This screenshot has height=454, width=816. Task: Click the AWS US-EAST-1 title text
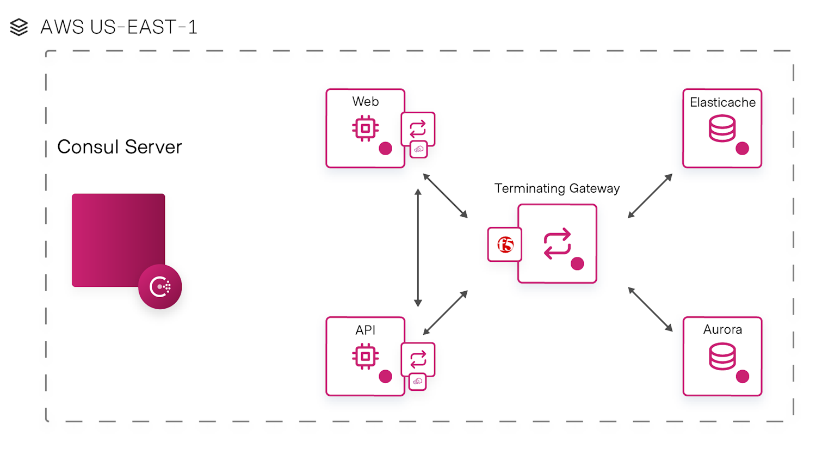(119, 27)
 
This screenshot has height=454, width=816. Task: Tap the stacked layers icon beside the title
(19, 27)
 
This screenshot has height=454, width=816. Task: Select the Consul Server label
(119, 147)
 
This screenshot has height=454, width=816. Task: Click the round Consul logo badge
(160, 287)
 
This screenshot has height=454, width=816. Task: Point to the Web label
(366, 102)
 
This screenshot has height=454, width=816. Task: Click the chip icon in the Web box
(366, 128)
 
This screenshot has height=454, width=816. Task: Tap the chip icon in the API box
(366, 357)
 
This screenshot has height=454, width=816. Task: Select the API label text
(366, 330)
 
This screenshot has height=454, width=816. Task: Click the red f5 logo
(505, 245)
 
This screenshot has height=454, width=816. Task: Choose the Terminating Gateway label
(557, 188)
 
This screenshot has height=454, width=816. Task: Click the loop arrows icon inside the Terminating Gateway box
(557, 243)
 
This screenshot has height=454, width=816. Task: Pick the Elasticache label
(722, 102)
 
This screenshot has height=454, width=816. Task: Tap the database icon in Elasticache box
(722, 129)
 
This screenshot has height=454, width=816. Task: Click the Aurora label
(722, 329)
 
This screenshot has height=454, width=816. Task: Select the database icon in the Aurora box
(722, 357)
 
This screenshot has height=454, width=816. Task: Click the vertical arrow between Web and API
(418, 248)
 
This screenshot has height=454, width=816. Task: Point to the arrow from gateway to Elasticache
(650, 196)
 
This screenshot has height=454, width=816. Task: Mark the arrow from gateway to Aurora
(650, 309)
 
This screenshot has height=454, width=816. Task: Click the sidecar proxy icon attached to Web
(418, 129)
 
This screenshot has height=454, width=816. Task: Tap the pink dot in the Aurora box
(743, 376)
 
